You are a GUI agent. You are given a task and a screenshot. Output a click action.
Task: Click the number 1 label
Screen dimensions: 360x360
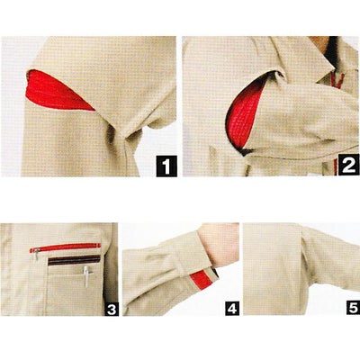pos(166,166)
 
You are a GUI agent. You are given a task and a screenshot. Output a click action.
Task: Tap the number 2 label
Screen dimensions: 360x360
pos(349,165)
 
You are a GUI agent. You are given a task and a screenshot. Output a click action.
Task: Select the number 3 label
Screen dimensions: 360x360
pos(112,309)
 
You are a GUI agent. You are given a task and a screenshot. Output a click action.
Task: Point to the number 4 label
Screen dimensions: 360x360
pos(232,309)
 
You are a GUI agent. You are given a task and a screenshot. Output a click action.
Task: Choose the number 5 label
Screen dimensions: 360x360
pos(353,308)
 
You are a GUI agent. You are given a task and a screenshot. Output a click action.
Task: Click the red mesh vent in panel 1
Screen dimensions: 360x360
pos(57,90)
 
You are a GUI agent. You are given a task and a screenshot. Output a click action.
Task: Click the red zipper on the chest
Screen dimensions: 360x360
pos(65,247)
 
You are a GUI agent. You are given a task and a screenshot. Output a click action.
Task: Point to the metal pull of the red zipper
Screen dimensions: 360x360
pos(36,254)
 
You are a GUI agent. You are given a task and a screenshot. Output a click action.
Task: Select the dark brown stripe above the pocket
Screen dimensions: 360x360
pos(74,260)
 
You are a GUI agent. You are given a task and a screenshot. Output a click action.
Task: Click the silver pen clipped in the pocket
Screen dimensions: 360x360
pos(86,276)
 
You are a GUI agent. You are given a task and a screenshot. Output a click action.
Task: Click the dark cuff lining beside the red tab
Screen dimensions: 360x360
pos(214,272)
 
